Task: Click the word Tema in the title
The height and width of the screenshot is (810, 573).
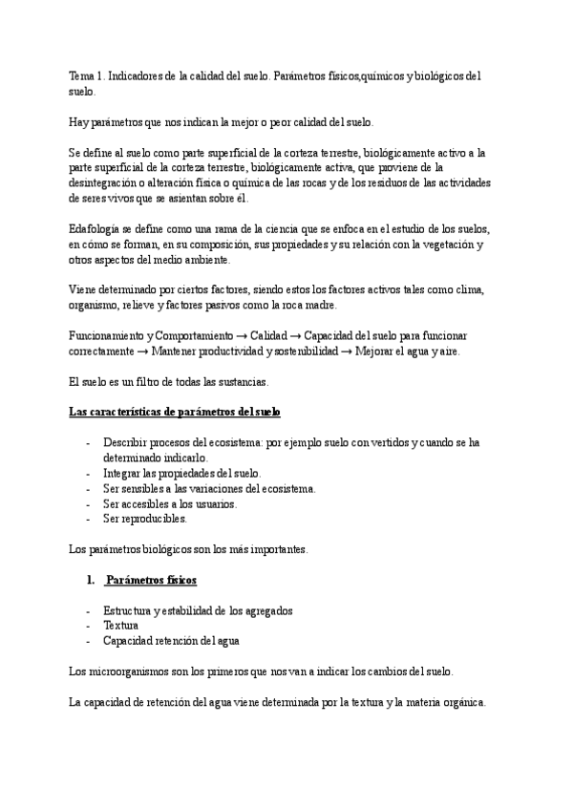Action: tap(82, 75)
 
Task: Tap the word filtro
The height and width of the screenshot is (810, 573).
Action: tap(135, 382)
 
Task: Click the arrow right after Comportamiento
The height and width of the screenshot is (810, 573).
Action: tap(242, 336)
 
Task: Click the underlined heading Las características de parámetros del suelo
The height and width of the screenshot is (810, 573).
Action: tap(174, 413)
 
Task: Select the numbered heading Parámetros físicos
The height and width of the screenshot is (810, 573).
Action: tap(151, 580)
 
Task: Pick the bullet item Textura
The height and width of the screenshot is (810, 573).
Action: tap(121, 626)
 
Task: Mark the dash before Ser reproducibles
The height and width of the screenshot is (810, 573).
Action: tap(89, 519)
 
